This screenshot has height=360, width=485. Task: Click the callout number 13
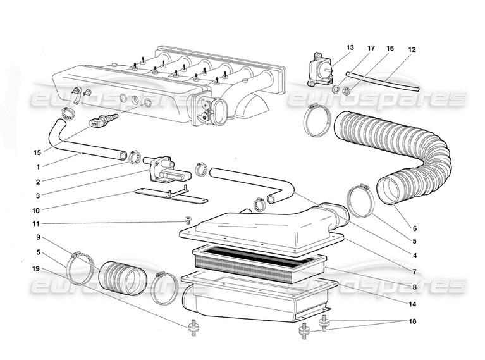tap(350, 47)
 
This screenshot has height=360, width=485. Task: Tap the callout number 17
tap(371, 48)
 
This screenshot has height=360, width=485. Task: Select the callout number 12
tap(412, 49)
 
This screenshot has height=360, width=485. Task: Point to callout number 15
tap(37, 152)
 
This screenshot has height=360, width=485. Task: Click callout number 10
tap(36, 211)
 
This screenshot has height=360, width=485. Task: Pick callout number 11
tap(37, 224)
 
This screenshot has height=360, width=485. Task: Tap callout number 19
tap(36, 268)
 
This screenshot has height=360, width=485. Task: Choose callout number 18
tap(412, 321)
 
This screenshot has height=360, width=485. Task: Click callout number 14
tap(412, 304)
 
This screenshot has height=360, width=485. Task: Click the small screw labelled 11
tap(187, 220)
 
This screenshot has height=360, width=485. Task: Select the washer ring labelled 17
tap(336, 89)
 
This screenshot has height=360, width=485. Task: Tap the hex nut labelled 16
tap(347, 91)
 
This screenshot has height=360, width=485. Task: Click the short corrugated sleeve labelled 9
tap(123, 278)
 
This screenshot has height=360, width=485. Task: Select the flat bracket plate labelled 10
tap(171, 195)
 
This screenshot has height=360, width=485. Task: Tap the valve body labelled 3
tap(167, 170)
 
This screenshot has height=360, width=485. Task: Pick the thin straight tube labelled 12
tap(383, 82)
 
